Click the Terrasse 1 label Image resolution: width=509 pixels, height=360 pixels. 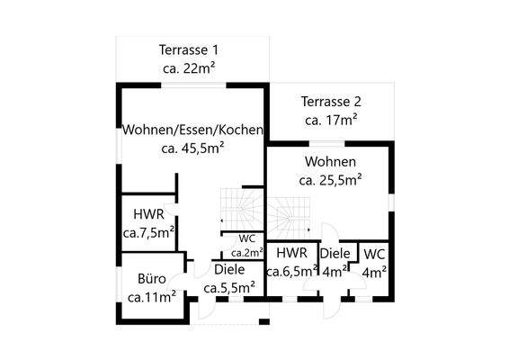coord(189,49)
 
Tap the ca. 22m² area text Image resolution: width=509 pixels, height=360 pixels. coord(189,67)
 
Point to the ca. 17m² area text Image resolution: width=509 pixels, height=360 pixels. coord(332,119)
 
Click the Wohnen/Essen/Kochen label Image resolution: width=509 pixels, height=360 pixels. coord(193,130)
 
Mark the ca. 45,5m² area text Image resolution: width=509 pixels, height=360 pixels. coord(192,148)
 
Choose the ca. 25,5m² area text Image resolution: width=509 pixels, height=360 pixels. coord(330,180)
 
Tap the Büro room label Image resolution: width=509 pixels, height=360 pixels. coord(151,279)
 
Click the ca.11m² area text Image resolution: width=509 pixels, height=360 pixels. coord(151,296)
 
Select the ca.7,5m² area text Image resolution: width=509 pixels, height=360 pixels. coord(148,232)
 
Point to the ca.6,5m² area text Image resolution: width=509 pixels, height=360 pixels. coord(292,271)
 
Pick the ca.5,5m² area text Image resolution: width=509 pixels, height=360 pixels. coord(229,288)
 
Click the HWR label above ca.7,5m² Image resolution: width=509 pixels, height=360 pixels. coord(147,215)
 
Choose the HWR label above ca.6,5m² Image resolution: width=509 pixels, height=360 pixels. coord(292,254)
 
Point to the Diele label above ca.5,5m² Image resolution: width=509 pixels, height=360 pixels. coord(229,270)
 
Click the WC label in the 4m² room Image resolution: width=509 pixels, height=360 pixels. coord(375,254)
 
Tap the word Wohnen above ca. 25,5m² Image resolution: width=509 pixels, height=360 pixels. coord(330,162)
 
